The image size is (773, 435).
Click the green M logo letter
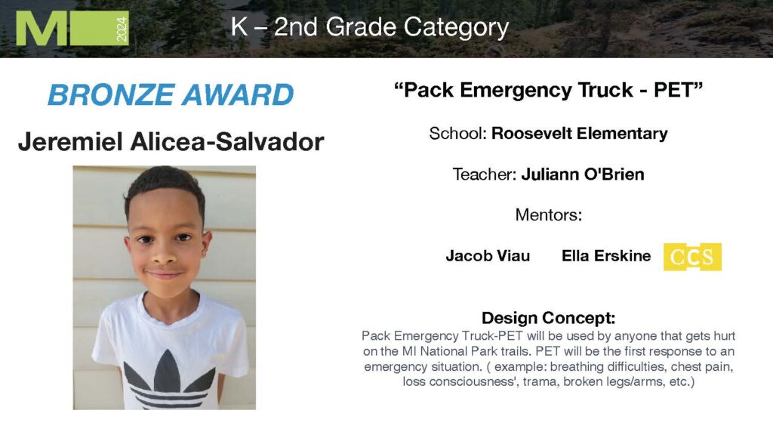click(x=42, y=28)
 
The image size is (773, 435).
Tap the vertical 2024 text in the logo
click(x=122, y=29)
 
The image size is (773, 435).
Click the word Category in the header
click(x=456, y=28)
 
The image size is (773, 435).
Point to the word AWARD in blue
click(x=238, y=94)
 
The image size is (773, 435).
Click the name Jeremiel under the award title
click(x=70, y=142)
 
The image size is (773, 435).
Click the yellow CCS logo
click(x=692, y=257)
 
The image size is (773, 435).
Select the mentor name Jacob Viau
click(x=488, y=256)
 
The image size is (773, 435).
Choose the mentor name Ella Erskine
click(x=606, y=256)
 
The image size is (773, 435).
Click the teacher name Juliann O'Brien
click(x=583, y=174)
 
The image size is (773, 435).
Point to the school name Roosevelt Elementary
click(x=580, y=133)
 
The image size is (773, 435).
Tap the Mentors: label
click(x=549, y=215)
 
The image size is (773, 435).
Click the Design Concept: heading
click(x=549, y=318)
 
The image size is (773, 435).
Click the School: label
click(x=458, y=133)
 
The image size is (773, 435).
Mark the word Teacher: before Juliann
click(x=485, y=174)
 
